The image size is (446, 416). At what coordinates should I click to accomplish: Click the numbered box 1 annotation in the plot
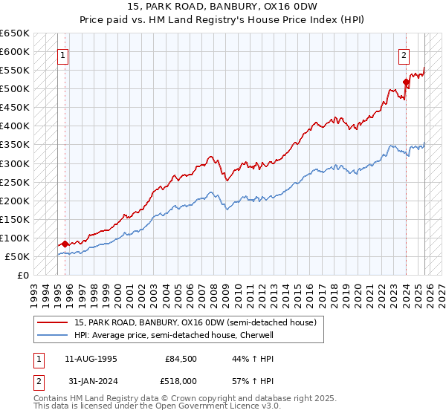(63, 54)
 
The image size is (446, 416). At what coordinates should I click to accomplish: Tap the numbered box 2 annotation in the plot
(404, 54)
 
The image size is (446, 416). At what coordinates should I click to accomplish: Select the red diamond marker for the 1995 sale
(65, 243)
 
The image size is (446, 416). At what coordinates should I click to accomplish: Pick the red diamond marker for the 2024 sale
(406, 82)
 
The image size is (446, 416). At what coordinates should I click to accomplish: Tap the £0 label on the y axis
(23, 275)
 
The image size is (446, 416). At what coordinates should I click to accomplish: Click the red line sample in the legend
(52, 322)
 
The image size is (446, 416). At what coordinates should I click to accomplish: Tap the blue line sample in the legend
(52, 335)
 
